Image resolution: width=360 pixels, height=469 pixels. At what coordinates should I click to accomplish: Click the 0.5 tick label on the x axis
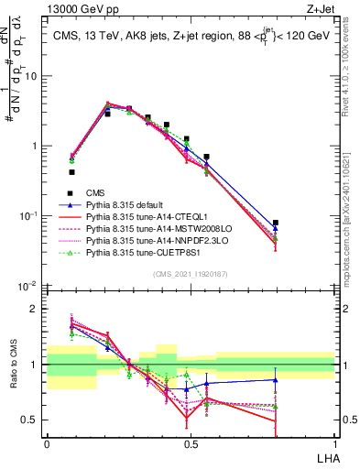click(190, 442)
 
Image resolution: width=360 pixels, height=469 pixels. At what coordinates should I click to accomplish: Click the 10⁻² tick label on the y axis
click(30, 286)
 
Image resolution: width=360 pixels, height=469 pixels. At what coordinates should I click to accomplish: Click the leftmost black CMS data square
click(71, 171)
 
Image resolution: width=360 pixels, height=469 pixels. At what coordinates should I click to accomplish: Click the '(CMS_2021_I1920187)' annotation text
click(191, 273)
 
